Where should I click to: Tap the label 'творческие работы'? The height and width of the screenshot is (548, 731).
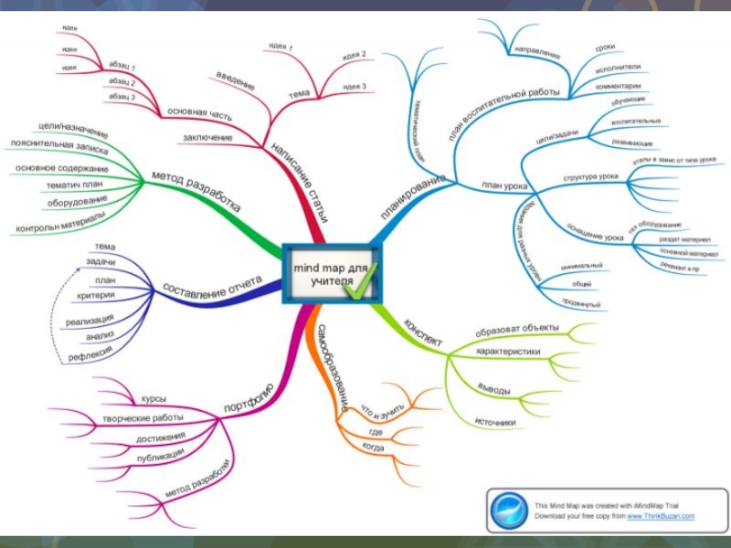[x=143, y=418]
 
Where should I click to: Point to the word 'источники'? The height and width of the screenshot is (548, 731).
[x=494, y=422]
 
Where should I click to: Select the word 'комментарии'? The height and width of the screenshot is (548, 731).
[x=618, y=86]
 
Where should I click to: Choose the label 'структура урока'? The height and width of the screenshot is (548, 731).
[x=590, y=176]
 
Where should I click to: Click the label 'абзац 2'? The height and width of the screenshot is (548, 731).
[x=122, y=81]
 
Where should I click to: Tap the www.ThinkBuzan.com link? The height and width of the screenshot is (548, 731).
[x=660, y=517]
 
